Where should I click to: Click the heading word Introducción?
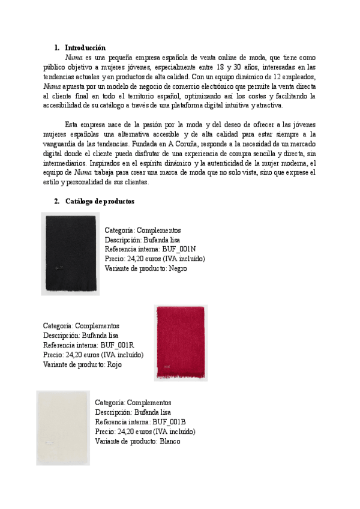[x=85, y=47]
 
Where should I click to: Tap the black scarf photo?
[x=71, y=253]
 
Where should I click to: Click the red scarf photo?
[x=181, y=342]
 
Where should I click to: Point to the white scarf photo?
[x=63, y=427]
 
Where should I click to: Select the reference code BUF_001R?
[x=118, y=345]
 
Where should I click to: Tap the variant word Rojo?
[x=114, y=364]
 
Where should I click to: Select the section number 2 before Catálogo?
[x=56, y=201]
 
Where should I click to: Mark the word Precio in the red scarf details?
[x=53, y=355]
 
